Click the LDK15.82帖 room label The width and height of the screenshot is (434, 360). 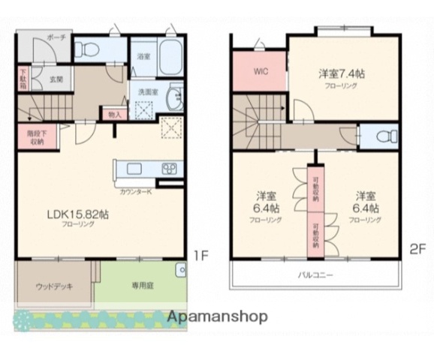pyautogui.click(x=78, y=214)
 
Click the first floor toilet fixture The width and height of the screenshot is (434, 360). pyautogui.click(x=84, y=50)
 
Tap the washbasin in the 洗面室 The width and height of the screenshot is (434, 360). pyautogui.click(x=176, y=99)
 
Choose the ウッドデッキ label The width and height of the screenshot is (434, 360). pyautogui.click(x=54, y=286)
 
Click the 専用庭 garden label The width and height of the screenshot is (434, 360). pyautogui.click(x=140, y=286)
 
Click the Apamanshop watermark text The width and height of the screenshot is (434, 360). pyautogui.click(x=217, y=316)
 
